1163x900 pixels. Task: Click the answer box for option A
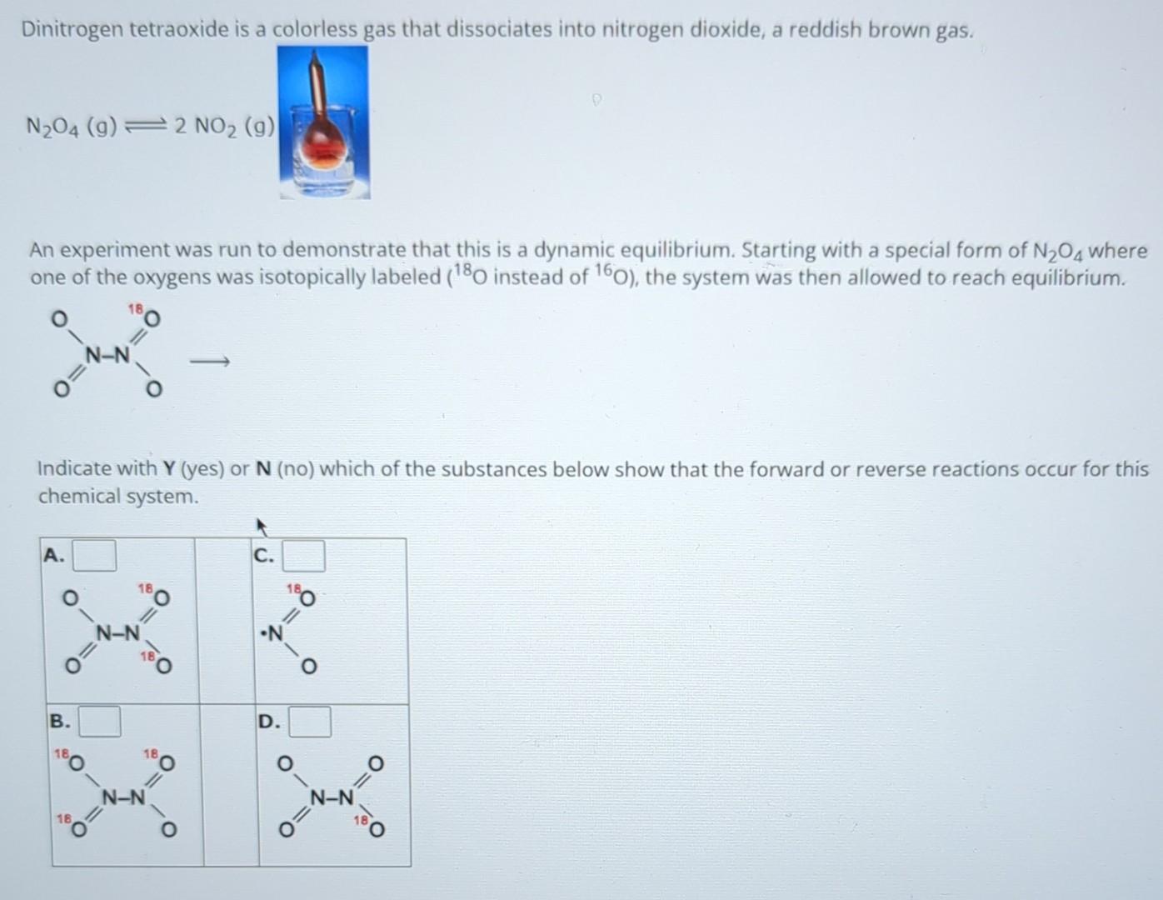click(94, 556)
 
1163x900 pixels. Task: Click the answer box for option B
click(99, 722)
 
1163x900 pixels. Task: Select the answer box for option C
click(303, 556)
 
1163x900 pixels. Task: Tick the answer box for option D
click(309, 722)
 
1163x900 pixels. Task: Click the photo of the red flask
click(323, 122)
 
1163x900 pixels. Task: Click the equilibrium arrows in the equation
click(146, 127)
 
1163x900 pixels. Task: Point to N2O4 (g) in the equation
click(71, 127)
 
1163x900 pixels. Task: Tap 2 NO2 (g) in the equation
click(224, 127)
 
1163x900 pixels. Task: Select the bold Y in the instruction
click(168, 469)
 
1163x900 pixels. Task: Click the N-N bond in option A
click(117, 633)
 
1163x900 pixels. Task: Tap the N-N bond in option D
click(332, 798)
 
